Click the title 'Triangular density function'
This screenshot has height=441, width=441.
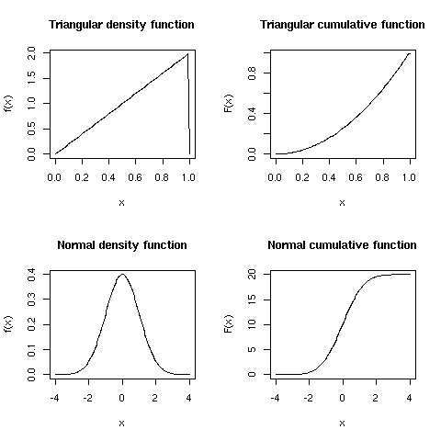click(x=121, y=25)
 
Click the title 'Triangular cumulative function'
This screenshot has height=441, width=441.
click(x=342, y=25)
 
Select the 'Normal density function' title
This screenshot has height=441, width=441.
click(x=121, y=245)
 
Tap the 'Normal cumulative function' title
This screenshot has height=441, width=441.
click(x=342, y=245)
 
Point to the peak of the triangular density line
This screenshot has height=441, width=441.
click(x=187, y=53)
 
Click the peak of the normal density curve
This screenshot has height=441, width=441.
click(x=122, y=274)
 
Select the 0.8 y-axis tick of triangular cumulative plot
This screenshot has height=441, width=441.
click(x=254, y=73)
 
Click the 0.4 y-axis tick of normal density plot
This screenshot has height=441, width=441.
click(x=34, y=274)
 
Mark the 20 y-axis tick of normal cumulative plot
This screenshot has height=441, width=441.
click(x=254, y=274)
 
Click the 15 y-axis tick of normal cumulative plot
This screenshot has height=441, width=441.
click(x=254, y=299)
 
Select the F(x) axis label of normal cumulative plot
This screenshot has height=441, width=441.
click(x=229, y=323)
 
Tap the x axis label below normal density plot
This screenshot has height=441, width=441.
click(x=121, y=423)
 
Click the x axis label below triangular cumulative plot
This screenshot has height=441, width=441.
click(x=342, y=202)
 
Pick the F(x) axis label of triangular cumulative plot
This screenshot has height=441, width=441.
click(x=229, y=103)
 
